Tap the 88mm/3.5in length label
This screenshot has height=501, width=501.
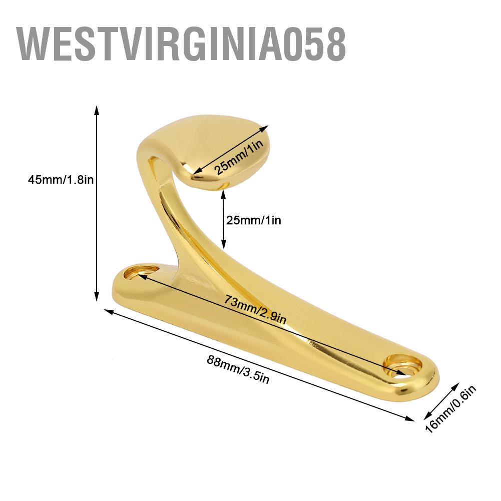(231, 369)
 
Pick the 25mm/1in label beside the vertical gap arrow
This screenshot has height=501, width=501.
(253, 220)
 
